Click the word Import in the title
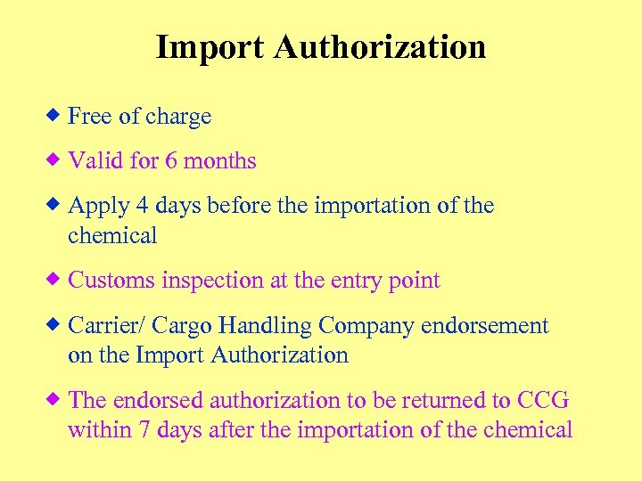[x=210, y=47]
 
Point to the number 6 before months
[x=170, y=161]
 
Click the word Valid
[x=93, y=161]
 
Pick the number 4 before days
[x=142, y=206]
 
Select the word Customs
[x=111, y=281]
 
